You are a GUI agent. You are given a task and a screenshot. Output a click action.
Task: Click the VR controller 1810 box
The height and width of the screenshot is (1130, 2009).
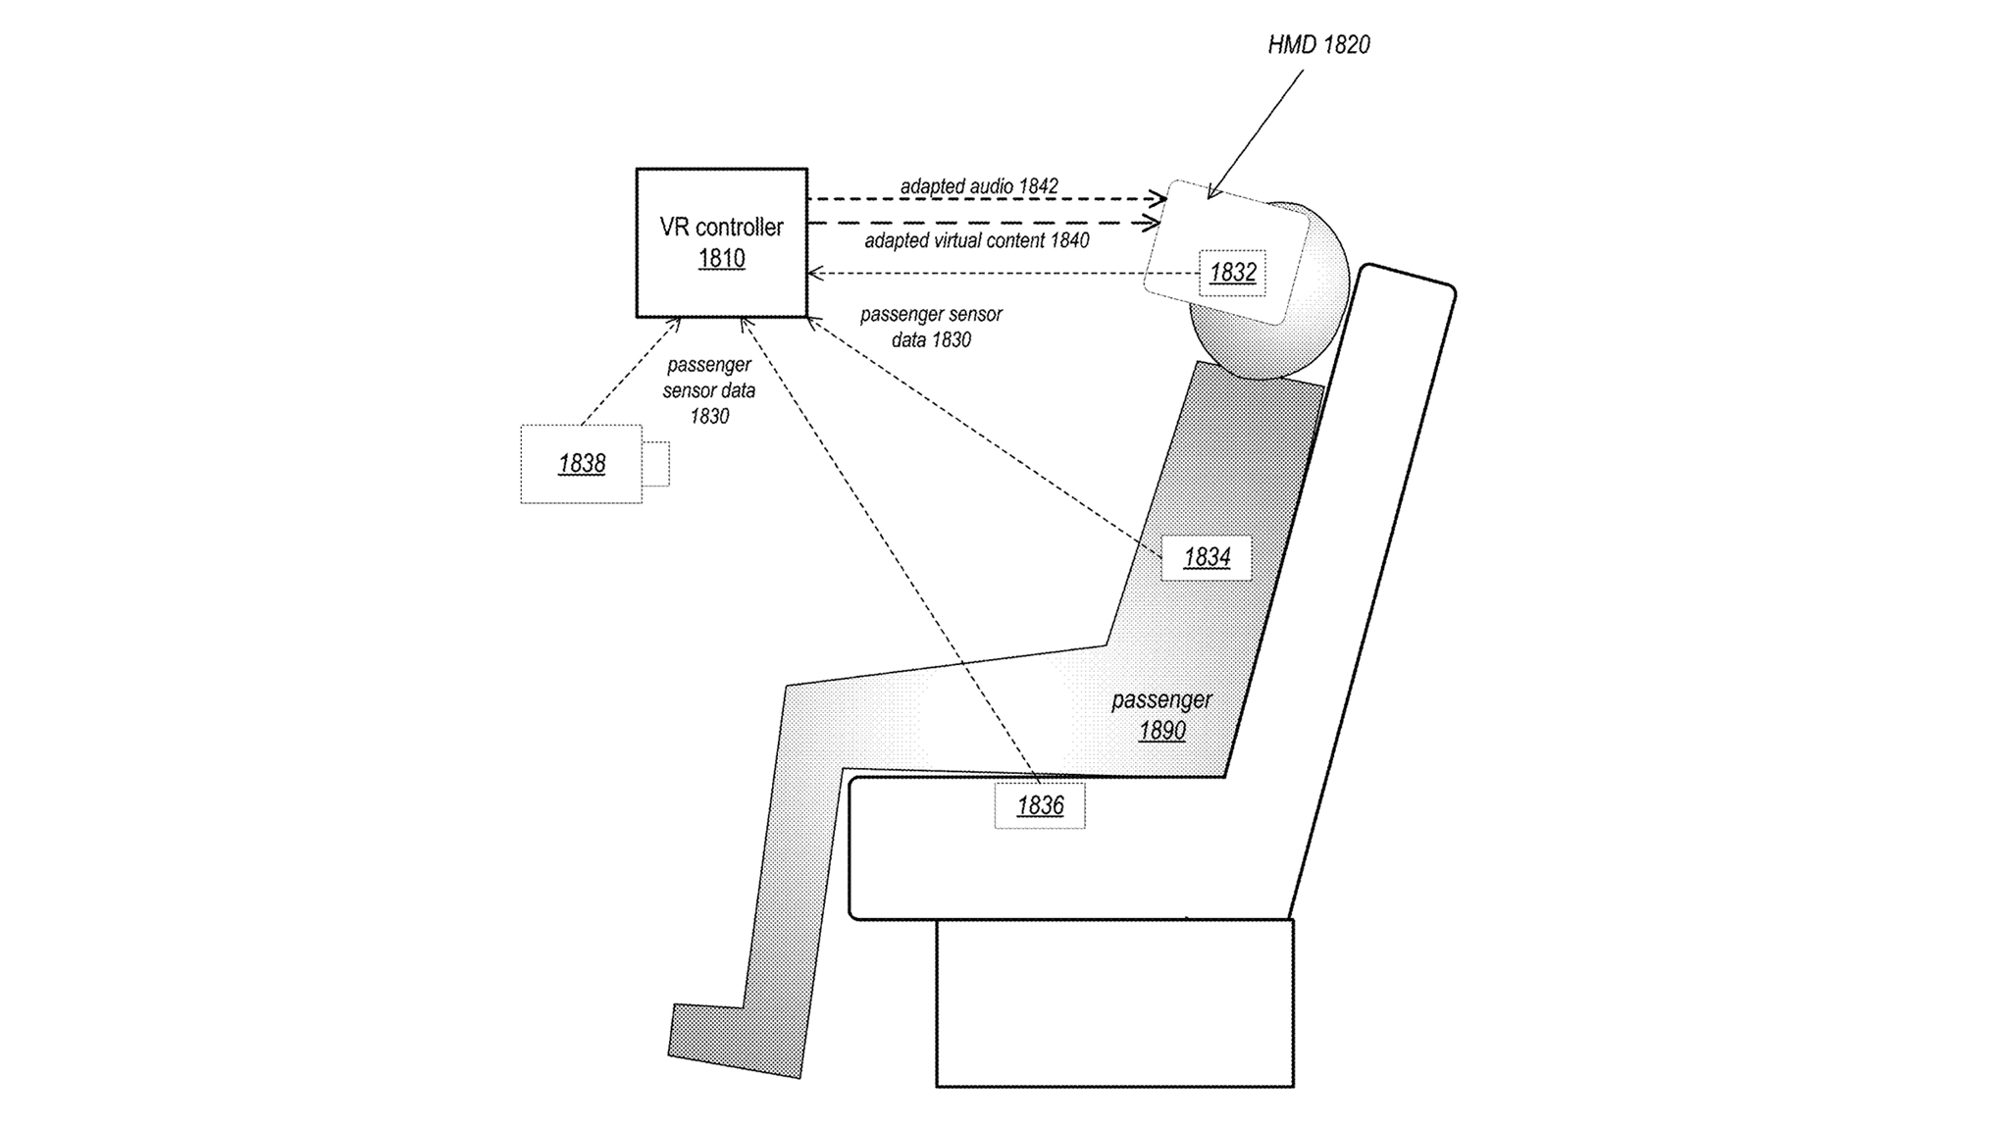pyautogui.click(x=721, y=242)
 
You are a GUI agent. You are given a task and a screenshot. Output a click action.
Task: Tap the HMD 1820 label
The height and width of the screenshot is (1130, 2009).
pyautogui.click(x=1317, y=45)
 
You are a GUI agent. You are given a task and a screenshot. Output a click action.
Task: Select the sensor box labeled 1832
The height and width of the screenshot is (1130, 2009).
pyautogui.click(x=1232, y=273)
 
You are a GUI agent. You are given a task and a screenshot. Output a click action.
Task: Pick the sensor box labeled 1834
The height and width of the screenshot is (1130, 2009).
pyautogui.click(x=1206, y=557)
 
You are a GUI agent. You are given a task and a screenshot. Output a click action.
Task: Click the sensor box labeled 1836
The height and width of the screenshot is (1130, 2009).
pyautogui.click(x=1040, y=805)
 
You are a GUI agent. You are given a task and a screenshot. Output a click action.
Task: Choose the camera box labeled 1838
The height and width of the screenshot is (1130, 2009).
pyautogui.click(x=581, y=464)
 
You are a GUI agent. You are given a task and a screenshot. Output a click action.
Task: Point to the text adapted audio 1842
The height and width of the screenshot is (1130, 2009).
pyautogui.click(x=978, y=186)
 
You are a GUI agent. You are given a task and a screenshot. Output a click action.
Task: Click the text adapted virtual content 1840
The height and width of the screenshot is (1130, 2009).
pyautogui.click(x=976, y=240)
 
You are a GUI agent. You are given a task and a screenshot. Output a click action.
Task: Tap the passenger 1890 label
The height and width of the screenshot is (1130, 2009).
pyautogui.click(x=1161, y=715)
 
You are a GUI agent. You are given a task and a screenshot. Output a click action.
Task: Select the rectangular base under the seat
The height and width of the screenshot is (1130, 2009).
pyautogui.click(x=1114, y=1002)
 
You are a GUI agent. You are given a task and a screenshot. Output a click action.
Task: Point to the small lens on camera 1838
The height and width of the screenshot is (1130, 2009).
pyautogui.click(x=656, y=464)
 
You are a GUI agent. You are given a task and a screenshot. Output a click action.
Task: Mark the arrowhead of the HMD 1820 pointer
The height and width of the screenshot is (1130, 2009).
pyautogui.click(x=1211, y=194)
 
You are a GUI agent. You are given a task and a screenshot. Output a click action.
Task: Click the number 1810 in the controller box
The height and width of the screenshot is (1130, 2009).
pyautogui.click(x=721, y=259)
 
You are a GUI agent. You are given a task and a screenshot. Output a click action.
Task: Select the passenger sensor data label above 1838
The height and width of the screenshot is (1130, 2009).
pyautogui.click(x=708, y=390)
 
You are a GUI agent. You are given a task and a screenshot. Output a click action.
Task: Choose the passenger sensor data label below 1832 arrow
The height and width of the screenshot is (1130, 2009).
pyautogui.click(x=930, y=328)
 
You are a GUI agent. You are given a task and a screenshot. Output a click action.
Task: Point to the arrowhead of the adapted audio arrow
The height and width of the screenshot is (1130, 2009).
pyautogui.click(x=1159, y=199)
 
